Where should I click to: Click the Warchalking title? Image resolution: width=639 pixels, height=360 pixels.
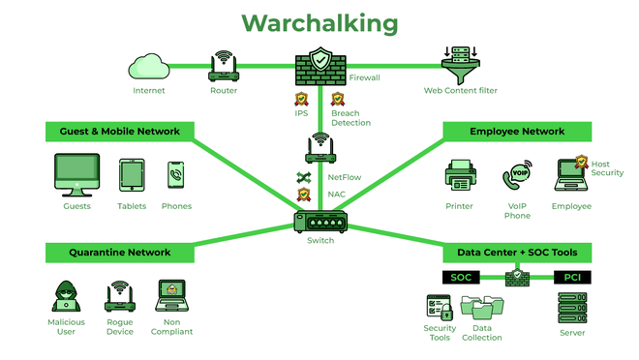[319, 22]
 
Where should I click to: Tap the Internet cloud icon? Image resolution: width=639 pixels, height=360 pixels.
[148, 67]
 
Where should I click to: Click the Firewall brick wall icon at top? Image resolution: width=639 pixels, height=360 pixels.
[319, 66]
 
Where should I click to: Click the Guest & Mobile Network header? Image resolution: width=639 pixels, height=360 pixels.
[119, 131]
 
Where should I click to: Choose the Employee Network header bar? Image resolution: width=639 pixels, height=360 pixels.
[517, 131]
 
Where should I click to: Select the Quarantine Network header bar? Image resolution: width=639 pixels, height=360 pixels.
[119, 253]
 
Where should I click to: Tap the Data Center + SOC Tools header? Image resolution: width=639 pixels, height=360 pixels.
[517, 253]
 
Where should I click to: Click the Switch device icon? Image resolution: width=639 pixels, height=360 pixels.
[319, 221]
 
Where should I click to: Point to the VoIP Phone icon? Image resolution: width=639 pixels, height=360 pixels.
[517, 177]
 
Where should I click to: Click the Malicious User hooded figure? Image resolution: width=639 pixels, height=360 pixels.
[66, 296]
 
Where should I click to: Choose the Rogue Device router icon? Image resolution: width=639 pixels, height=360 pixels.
[120, 295]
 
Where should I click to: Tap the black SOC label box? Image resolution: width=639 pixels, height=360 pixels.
[460, 278]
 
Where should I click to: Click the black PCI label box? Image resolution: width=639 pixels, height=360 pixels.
[571, 278]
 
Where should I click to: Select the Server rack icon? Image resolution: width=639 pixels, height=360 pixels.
[571, 308]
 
